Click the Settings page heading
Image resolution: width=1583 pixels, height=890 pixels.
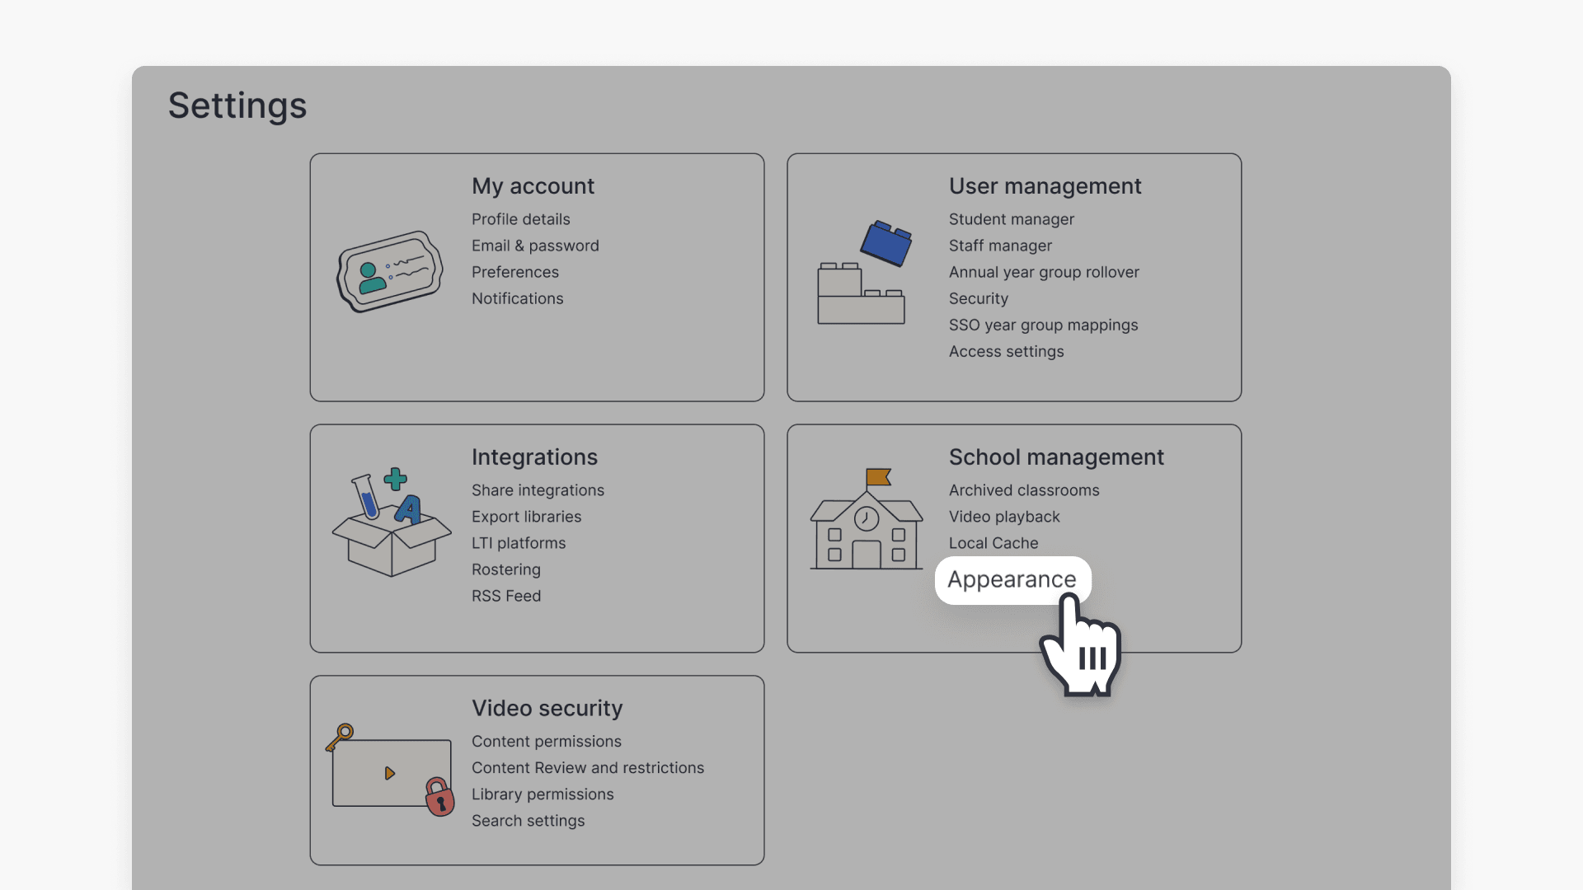[x=237, y=105]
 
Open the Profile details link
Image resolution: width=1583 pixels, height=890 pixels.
[x=520, y=219]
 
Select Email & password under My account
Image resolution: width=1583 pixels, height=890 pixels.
[x=535, y=246]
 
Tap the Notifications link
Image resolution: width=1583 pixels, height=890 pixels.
[x=517, y=298]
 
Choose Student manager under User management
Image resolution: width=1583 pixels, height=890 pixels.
[x=1011, y=219]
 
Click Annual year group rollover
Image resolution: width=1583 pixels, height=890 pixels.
[x=1044, y=272]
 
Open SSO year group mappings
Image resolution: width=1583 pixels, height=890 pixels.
[x=1043, y=325]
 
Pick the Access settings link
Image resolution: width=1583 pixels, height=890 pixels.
[x=1006, y=351]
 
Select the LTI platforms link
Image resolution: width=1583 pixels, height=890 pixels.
[x=519, y=543]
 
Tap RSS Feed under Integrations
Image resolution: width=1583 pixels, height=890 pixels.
[x=506, y=596]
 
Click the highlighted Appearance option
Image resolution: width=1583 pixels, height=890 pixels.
[x=1012, y=579]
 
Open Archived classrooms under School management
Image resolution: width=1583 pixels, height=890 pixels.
[x=1024, y=490]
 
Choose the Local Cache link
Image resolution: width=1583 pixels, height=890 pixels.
[x=993, y=543]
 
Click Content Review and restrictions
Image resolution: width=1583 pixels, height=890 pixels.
[x=588, y=768]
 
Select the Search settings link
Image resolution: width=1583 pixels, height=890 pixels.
[x=528, y=821]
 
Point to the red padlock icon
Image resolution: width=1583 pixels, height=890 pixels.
[x=440, y=797]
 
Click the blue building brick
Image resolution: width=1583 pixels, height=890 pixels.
[x=886, y=242]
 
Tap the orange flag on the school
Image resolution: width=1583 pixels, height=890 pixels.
[x=878, y=477]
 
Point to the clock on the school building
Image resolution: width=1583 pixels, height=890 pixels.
[x=866, y=518]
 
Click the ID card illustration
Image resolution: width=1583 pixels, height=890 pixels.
[x=390, y=271]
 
